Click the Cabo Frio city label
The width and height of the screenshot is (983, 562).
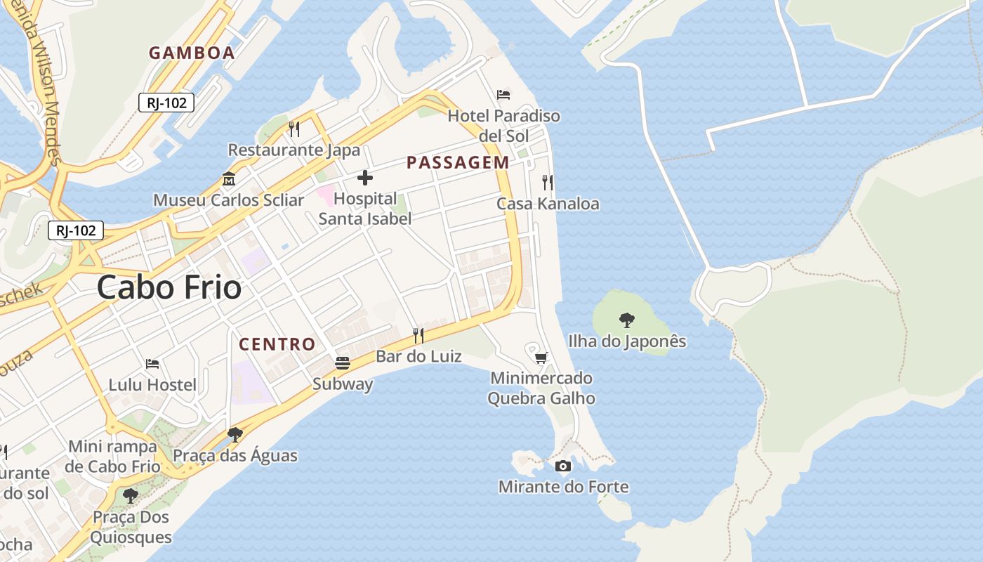[x=169, y=287]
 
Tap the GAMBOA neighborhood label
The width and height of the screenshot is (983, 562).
[x=192, y=53]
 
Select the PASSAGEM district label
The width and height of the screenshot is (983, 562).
[x=458, y=162]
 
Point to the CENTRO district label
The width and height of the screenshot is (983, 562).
[x=277, y=344]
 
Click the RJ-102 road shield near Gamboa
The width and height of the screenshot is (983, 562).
[x=166, y=103]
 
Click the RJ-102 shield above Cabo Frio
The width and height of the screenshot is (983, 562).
[x=76, y=230]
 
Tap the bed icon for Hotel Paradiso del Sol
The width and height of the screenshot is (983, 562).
[x=503, y=94]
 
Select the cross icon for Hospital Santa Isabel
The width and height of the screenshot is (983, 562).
[x=365, y=177]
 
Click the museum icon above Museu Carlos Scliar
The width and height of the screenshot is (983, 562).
[x=229, y=179]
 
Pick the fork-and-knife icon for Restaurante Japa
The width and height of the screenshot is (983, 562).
[x=294, y=129]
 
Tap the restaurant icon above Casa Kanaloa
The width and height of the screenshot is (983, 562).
[x=548, y=183]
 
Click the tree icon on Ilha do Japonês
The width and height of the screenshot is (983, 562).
[x=627, y=320]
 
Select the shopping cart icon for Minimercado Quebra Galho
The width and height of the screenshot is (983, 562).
[x=541, y=358]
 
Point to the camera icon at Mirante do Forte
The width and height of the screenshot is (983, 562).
[x=563, y=466]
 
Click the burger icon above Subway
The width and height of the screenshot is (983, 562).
[x=343, y=363]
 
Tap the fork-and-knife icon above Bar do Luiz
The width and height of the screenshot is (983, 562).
[x=418, y=335]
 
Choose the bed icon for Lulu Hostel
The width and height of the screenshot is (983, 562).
[x=152, y=364]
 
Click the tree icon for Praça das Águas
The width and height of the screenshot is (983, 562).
[x=235, y=435]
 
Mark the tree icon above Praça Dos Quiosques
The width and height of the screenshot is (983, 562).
[x=131, y=496]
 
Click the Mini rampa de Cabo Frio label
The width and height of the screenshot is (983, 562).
[x=112, y=457]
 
